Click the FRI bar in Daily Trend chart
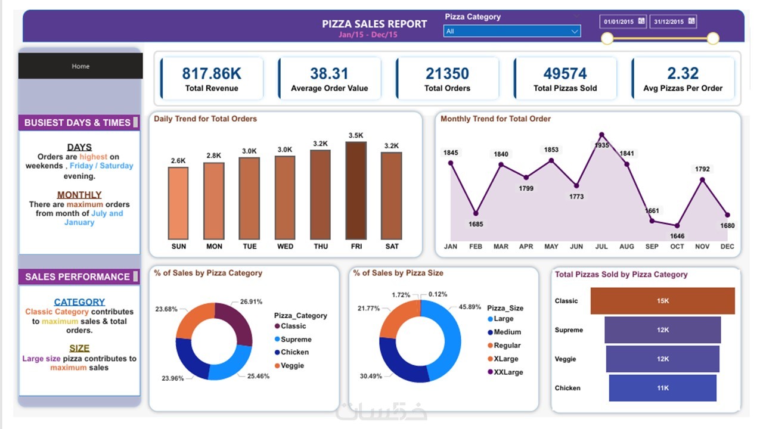pyautogui.click(x=356, y=191)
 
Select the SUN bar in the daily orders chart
pyautogui.click(x=178, y=203)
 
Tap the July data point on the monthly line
pyautogui.click(x=601, y=135)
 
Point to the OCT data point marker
pyautogui.click(x=677, y=225)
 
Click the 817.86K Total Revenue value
pyautogui.click(x=212, y=74)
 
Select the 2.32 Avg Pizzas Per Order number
pyautogui.click(x=683, y=74)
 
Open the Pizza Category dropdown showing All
pyautogui.click(x=511, y=31)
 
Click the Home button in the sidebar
pyautogui.click(x=80, y=66)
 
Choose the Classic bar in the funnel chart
pyautogui.click(x=662, y=301)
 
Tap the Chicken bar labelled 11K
pyautogui.click(x=662, y=388)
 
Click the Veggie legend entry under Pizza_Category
pyautogui.click(x=292, y=365)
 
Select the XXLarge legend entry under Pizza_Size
pyautogui.click(x=508, y=372)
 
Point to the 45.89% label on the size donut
pyautogui.click(x=470, y=307)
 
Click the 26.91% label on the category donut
pyautogui.click(x=250, y=301)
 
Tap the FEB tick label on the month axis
pyautogui.click(x=476, y=247)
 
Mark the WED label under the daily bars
pyautogui.click(x=285, y=247)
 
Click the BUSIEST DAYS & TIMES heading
pyautogui.click(x=77, y=123)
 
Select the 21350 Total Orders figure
pyautogui.click(x=447, y=74)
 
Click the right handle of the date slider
pyautogui.click(x=713, y=39)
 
